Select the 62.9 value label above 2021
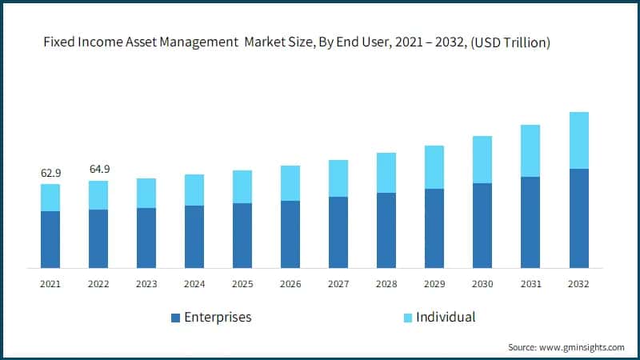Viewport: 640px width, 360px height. coord(50,173)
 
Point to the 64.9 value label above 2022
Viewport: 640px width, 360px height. coord(98,169)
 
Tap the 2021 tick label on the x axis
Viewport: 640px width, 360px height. coord(50,284)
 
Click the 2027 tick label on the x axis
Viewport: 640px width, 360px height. coord(338,284)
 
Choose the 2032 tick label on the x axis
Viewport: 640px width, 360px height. coord(578,284)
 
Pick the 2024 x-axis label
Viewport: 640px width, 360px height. coord(194,284)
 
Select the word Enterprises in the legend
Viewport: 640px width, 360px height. coord(218,318)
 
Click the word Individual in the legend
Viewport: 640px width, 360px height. coord(446,318)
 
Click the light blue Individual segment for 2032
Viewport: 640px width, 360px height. coord(578,140)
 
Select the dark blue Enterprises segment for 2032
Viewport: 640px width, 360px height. coord(578,218)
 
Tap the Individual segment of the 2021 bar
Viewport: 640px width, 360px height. coord(50,197)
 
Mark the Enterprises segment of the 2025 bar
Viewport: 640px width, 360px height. coord(242,235)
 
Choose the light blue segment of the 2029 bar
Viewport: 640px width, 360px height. coord(434,167)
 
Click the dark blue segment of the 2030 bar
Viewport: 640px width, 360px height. coord(482,226)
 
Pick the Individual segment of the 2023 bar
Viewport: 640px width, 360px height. coord(146,193)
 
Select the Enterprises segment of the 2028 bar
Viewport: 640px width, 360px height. coord(386,230)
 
